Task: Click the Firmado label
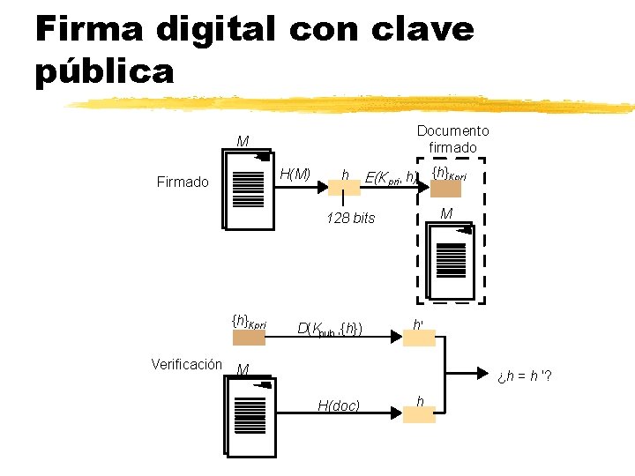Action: click(x=183, y=182)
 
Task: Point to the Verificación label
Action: click(x=187, y=364)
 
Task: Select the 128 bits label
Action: click(x=351, y=218)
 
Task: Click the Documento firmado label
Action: click(x=452, y=139)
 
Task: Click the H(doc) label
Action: click(x=339, y=405)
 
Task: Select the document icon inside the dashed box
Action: click(x=450, y=261)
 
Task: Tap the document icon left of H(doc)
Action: click(x=250, y=416)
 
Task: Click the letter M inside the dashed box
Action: click(x=446, y=214)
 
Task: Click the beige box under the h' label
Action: click(x=419, y=338)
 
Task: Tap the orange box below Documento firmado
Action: click(x=445, y=189)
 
